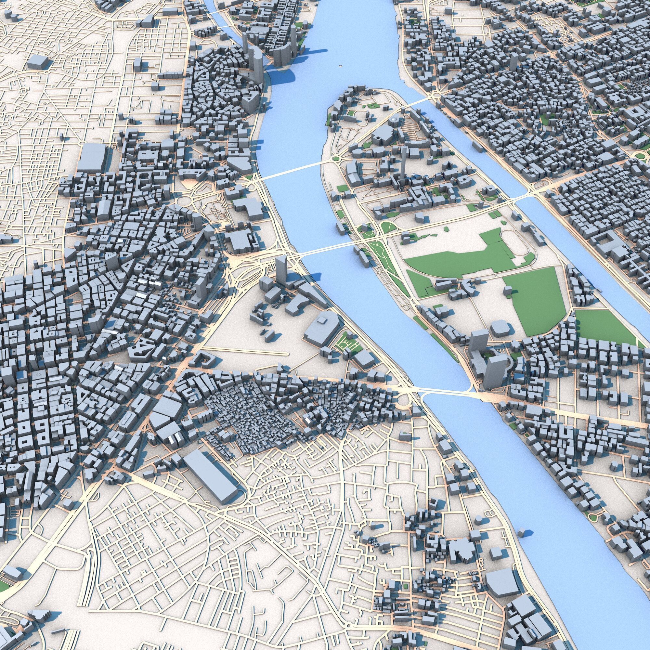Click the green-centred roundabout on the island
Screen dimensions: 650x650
point(335,159)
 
